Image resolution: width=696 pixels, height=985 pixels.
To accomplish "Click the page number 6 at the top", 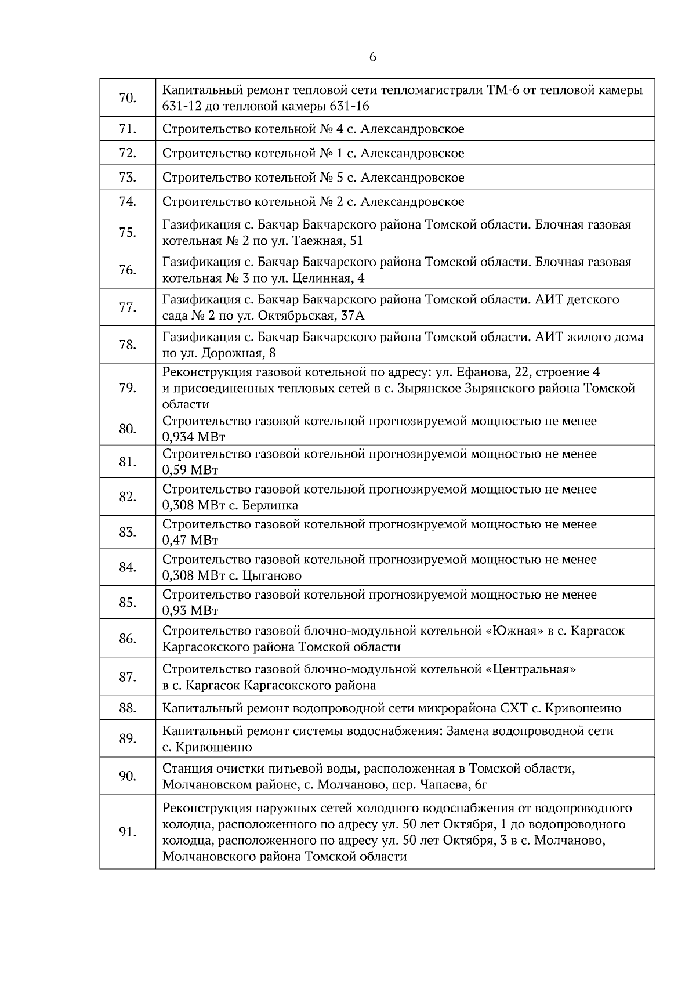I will point(372,57).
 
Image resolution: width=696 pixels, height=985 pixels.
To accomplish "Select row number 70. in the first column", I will point(127,98).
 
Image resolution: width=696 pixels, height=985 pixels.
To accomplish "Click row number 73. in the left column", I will point(127,178).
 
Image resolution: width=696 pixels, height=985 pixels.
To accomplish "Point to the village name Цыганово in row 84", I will point(275,575).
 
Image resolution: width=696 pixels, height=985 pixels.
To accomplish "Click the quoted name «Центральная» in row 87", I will point(530,669).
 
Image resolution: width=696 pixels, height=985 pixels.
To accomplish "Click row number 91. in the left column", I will point(127,832).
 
